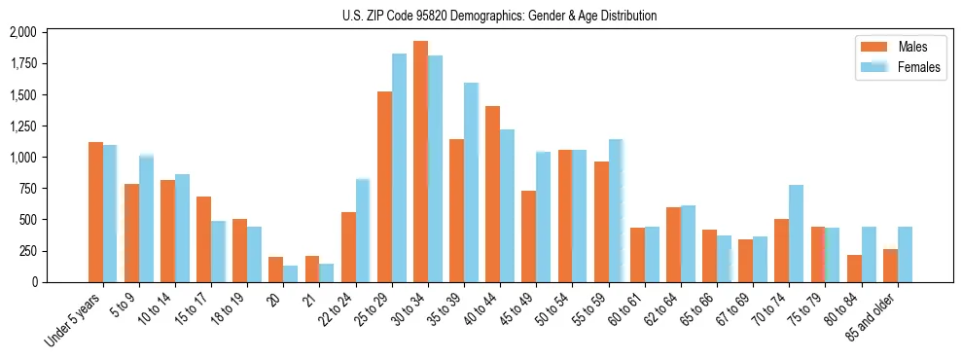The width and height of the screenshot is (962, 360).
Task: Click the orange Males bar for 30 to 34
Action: coord(420,162)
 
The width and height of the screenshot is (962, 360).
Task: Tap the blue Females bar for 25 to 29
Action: coord(399,167)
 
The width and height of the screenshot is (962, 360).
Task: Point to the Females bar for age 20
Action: coord(290,273)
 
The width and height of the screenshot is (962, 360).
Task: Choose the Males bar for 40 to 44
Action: coord(492,194)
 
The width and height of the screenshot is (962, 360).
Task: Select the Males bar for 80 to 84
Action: coord(854,269)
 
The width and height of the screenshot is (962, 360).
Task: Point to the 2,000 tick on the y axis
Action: coord(22,32)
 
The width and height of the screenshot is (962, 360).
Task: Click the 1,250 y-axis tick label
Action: coord(22,126)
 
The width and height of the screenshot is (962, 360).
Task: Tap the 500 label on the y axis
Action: coord(28,220)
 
